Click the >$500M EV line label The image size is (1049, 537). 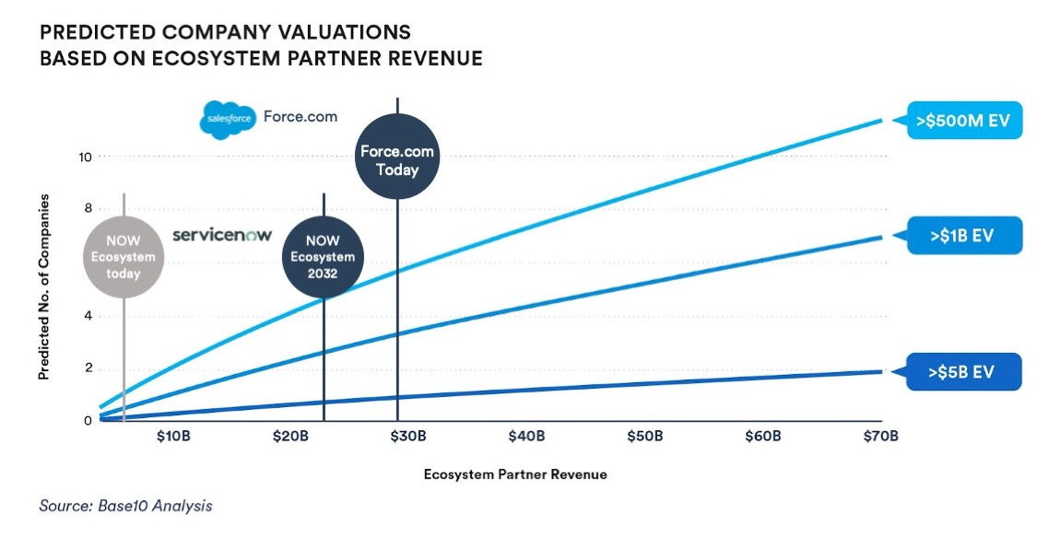(x=963, y=119)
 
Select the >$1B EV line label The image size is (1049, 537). (x=963, y=235)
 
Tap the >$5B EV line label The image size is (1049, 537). (x=963, y=371)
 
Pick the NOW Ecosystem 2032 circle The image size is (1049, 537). (x=324, y=256)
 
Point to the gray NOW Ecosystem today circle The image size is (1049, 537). (x=124, y=257)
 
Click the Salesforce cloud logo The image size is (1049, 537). (x=227, y=119)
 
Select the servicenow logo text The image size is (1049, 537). (x=222, y=235)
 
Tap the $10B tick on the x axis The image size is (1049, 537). (x=173, y=436)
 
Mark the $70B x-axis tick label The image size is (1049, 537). (x=879, y=436)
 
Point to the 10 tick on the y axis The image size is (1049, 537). (x=84, y=157)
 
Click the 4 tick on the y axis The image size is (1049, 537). (x=88, y=316)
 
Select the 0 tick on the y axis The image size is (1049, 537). (x=88, y=421)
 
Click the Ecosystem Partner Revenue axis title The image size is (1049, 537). (x=515, y=474)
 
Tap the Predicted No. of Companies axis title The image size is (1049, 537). (x=43, y=287)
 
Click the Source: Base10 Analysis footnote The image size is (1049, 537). (x=125, y=506)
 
